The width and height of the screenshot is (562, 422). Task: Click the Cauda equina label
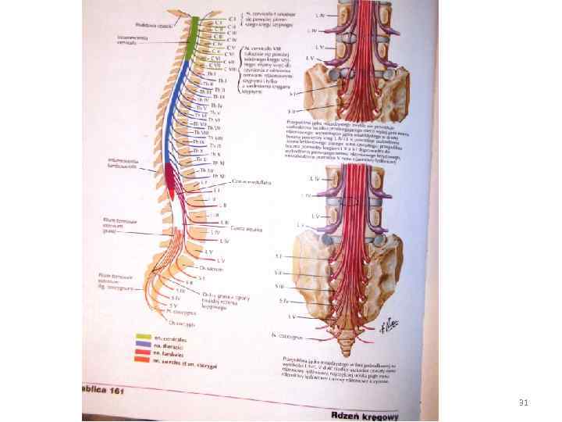(247, 228)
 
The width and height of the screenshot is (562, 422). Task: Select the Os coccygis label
(181, 321)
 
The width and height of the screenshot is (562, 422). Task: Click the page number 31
(524, 402)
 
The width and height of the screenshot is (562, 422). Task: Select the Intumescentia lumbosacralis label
(124, 163)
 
